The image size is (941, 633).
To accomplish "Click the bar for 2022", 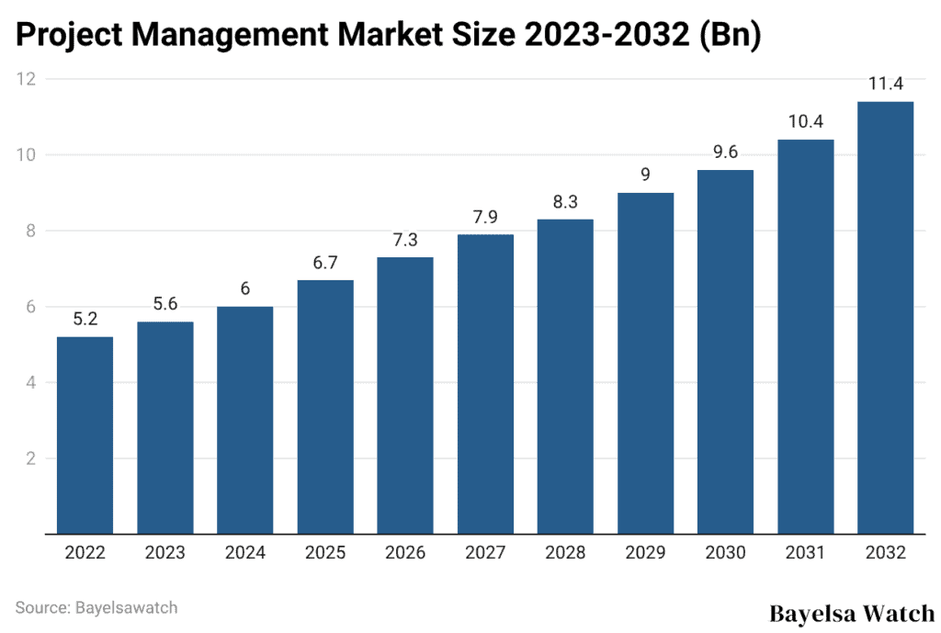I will (x=85, y=435).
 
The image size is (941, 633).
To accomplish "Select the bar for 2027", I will (x=485, y=383).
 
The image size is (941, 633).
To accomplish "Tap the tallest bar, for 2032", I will (x=885, y=317).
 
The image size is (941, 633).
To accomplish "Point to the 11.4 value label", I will (x=885, y=85).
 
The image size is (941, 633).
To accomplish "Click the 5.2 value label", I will (x=85, y=320).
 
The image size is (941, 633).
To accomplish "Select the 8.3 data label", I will (x=565, y=202).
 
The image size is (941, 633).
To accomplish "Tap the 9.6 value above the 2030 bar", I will (x=725, y=153).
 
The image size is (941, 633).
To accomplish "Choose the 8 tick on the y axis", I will (x=29, y=231).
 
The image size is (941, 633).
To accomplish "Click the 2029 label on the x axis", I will (x=645, y=553).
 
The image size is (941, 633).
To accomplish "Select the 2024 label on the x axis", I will (x=244, y=553).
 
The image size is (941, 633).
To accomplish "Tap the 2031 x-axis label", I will (x=805, y=553).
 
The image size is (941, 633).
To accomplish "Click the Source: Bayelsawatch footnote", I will (x=96, y=607).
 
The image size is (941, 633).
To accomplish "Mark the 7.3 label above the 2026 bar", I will (x=405, y=241).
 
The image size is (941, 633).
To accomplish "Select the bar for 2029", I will (x=645, y=363).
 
